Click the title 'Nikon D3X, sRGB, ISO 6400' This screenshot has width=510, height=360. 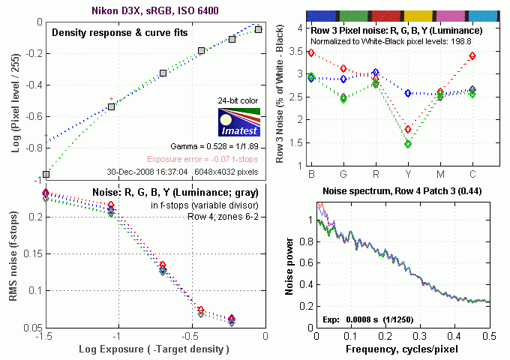[x=154, y=10]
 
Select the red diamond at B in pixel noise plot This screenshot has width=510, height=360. [x=311, y=52]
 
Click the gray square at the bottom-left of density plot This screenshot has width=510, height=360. [x=46, y=174]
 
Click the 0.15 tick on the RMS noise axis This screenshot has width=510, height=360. [x=28, y=253]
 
